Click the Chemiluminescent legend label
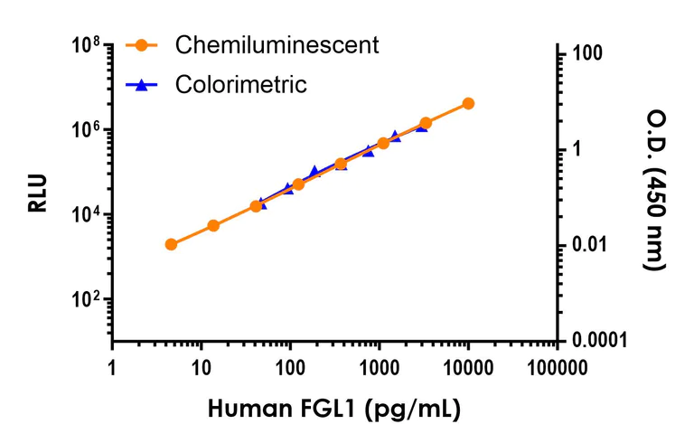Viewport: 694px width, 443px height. point(277,44)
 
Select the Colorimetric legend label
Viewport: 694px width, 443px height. point(241,85)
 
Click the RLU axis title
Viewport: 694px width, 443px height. point(37,193)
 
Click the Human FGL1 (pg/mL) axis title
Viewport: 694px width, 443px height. point(335,409)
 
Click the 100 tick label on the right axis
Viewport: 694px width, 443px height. point(585,54)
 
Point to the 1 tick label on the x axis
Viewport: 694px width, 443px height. point(112,368)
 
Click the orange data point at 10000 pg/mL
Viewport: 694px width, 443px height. point(468,103)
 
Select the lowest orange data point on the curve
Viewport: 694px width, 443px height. point(172,244)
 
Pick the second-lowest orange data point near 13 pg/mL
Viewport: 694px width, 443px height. point(213,225)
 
